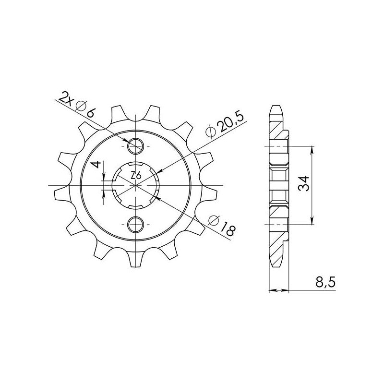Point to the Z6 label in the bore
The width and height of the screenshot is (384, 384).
tap(136, 175)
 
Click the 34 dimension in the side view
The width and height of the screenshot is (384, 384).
tap(304, 184)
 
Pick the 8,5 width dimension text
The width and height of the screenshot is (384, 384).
tap(325, 283)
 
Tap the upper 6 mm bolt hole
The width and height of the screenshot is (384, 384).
tap(135, 146)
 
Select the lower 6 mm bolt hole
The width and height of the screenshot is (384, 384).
tap(135, 224)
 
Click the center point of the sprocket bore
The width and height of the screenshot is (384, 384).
tap(135, 185)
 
